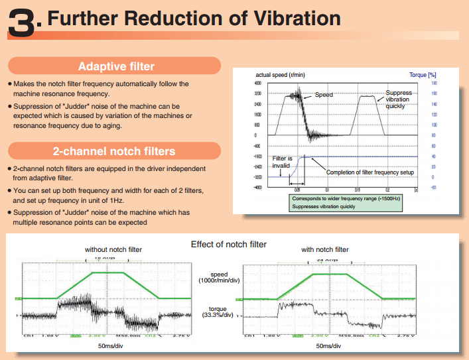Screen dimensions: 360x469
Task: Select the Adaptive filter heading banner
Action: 116,66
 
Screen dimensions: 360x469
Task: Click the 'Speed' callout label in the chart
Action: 324,95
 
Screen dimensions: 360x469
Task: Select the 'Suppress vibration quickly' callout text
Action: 399,99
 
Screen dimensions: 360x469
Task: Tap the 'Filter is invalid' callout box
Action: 283,162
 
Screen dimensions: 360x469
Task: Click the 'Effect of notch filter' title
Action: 229,244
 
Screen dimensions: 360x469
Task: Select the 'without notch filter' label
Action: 113,250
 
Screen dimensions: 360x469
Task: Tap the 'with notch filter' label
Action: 324,250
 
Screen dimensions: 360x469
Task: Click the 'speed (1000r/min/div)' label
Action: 219,277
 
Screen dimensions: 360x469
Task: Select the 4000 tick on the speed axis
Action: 258,84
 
